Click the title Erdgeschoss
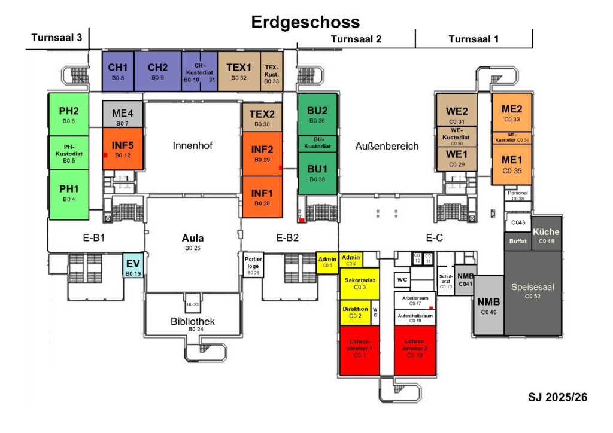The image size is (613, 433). coord(305,22)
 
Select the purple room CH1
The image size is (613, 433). coord(117,71)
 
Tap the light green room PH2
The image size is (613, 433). coord(68,114)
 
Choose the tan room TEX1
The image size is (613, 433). coord(238,71)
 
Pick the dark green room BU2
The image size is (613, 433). coord(317,114)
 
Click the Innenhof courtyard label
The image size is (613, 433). coord(193,145)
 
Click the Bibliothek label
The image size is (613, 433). coord(193,322)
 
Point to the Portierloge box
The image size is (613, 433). coord(253,264)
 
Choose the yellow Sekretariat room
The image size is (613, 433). coord(359,283)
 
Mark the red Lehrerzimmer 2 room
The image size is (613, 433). coord(414,349)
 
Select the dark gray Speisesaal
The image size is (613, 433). coord(533,292)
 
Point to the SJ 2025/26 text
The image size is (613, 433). coord(557,397)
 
